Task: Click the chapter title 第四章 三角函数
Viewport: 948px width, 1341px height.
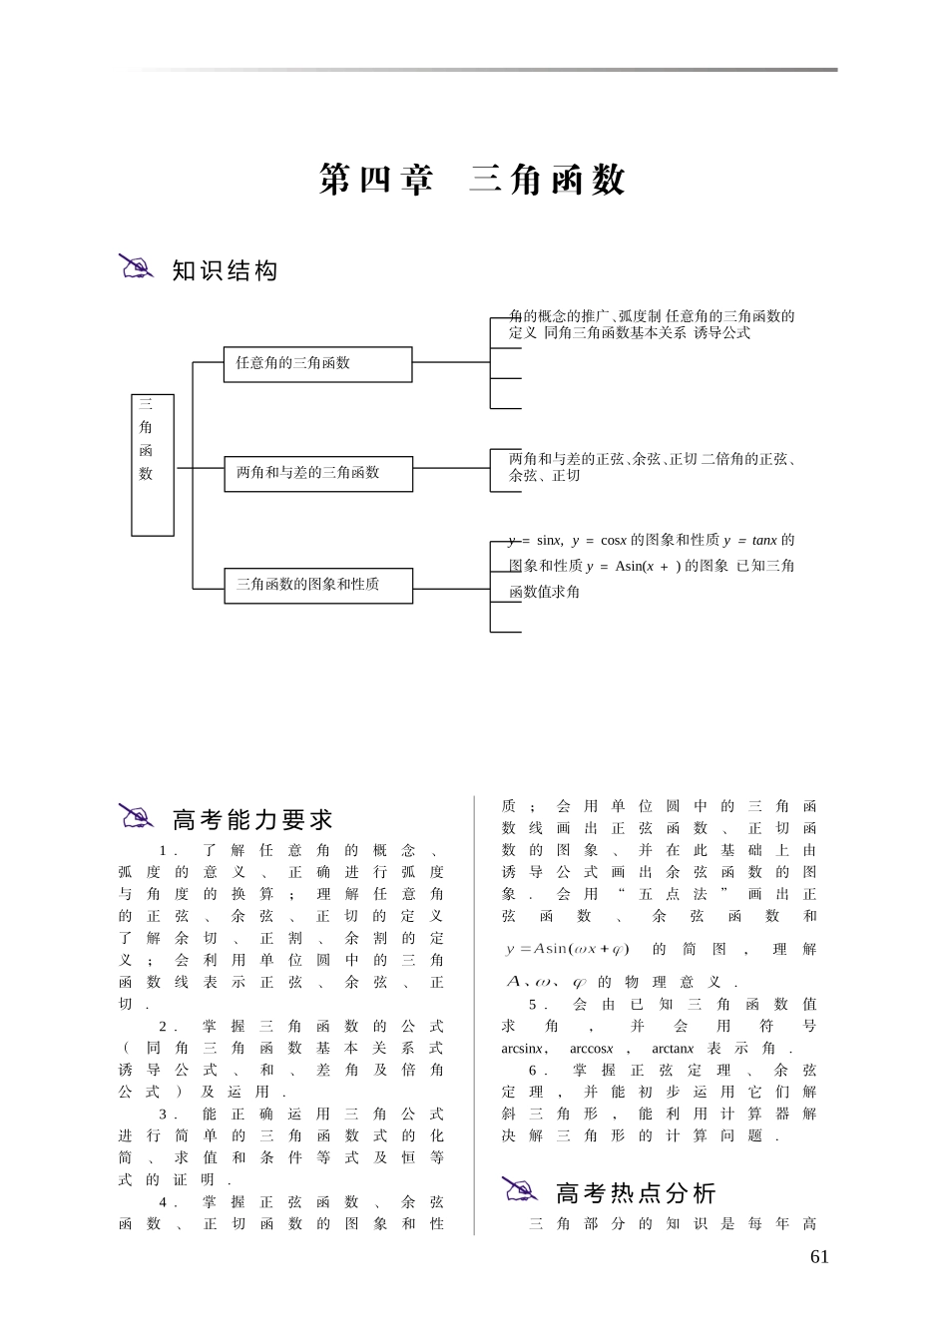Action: pos(472,180)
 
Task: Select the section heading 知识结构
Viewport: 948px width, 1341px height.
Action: pos(225,270)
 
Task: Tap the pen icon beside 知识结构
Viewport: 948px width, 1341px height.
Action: pos(137,266)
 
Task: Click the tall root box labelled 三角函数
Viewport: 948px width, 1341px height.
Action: pos(153,465)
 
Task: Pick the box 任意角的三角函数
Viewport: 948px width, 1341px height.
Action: pos(317,364)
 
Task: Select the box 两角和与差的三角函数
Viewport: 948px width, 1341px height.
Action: pos(317,473)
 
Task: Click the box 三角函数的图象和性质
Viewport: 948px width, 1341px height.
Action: pos(317,585)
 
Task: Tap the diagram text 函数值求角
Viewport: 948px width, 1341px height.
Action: pos(544,593)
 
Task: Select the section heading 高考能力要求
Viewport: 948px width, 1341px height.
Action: pos(252,820)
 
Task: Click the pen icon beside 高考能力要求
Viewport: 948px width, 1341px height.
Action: pos(137,816)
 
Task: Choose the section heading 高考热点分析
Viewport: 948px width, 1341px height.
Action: pos(636,1193)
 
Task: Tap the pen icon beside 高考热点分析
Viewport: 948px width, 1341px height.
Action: pos(520,1189)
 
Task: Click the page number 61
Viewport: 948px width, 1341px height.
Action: pos(819,1257)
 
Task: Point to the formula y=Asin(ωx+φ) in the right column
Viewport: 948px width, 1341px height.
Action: pos(568,949)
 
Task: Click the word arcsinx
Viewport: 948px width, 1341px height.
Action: pos(522,1049)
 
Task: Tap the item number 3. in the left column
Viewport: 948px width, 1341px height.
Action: pos(168,1114)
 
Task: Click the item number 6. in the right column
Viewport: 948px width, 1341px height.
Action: pos(539,1071)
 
